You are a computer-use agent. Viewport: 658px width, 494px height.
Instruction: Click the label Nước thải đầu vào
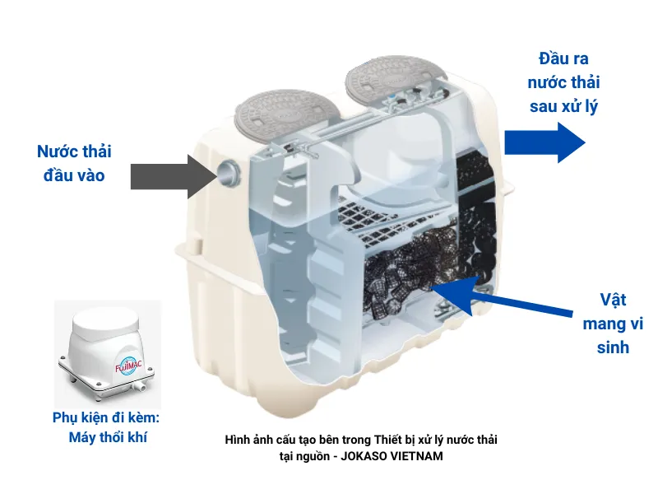click(x=74, y=163)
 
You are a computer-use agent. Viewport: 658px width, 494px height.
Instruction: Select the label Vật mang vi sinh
click(x=606, y=323)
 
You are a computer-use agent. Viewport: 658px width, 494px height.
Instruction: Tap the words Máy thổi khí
click(x=109, y=436)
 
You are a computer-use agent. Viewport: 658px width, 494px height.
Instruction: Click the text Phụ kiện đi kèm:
click(x=108, y=417)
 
